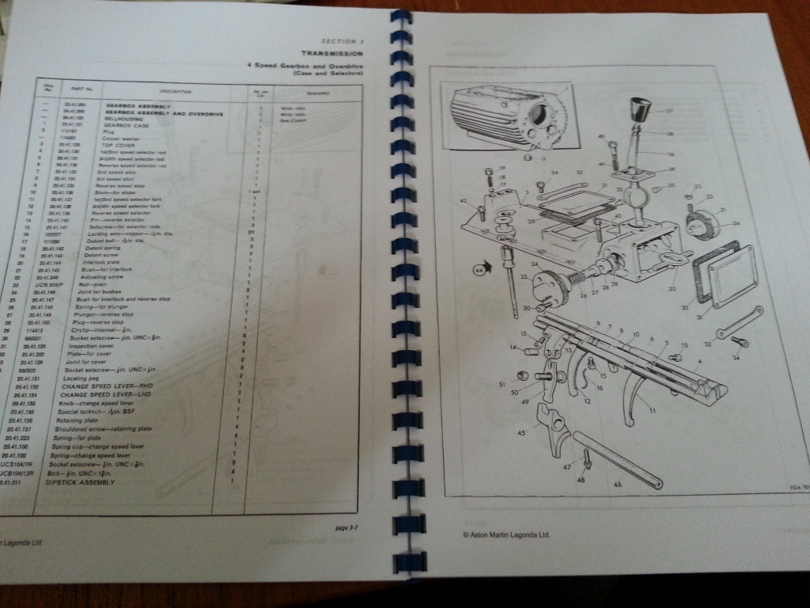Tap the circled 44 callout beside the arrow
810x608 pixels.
[x=479, y=270]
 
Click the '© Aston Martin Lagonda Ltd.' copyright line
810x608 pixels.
[x=505, y=534]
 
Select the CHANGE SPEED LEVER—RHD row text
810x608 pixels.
[x=111, y=384]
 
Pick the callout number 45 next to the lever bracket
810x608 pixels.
[x=521, y=432]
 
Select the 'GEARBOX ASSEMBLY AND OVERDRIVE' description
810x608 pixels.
[x=164, y=114]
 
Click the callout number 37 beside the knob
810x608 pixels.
[x=669, y=111]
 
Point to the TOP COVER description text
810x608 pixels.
[x=119, y=146]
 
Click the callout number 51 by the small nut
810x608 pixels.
[x=502, y=385]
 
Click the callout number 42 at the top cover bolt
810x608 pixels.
[x=464, y=203]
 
